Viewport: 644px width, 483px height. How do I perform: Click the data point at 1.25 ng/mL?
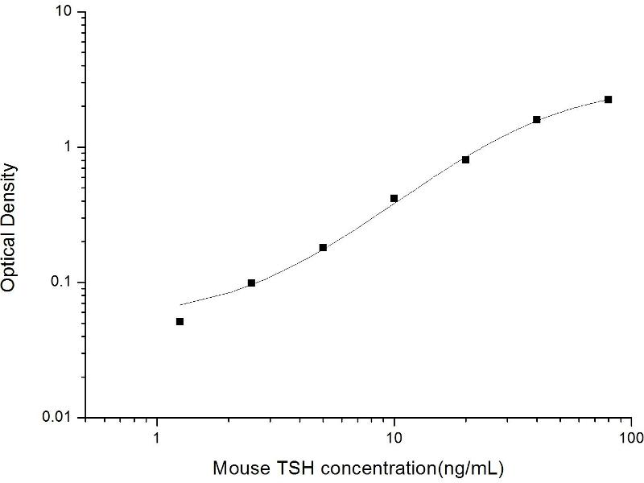(180, 321)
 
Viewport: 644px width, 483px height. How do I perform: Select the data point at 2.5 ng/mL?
(251, 283)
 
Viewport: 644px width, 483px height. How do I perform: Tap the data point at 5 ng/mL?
(323, 247)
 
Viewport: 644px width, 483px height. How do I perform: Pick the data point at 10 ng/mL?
(394, 198)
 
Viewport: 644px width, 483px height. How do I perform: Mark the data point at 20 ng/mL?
(465, 159)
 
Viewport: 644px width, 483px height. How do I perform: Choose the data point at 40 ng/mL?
(537, 119)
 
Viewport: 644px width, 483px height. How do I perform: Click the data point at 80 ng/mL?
(608, 99)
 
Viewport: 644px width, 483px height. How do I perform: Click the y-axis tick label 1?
(69, 148)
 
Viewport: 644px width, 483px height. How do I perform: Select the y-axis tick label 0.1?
(63, 283)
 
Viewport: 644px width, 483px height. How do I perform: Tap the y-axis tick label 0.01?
(59, 417)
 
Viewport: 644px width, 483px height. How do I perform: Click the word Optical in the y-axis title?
(10, 256)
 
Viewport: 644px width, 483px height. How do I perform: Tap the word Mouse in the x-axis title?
(238, 468)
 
